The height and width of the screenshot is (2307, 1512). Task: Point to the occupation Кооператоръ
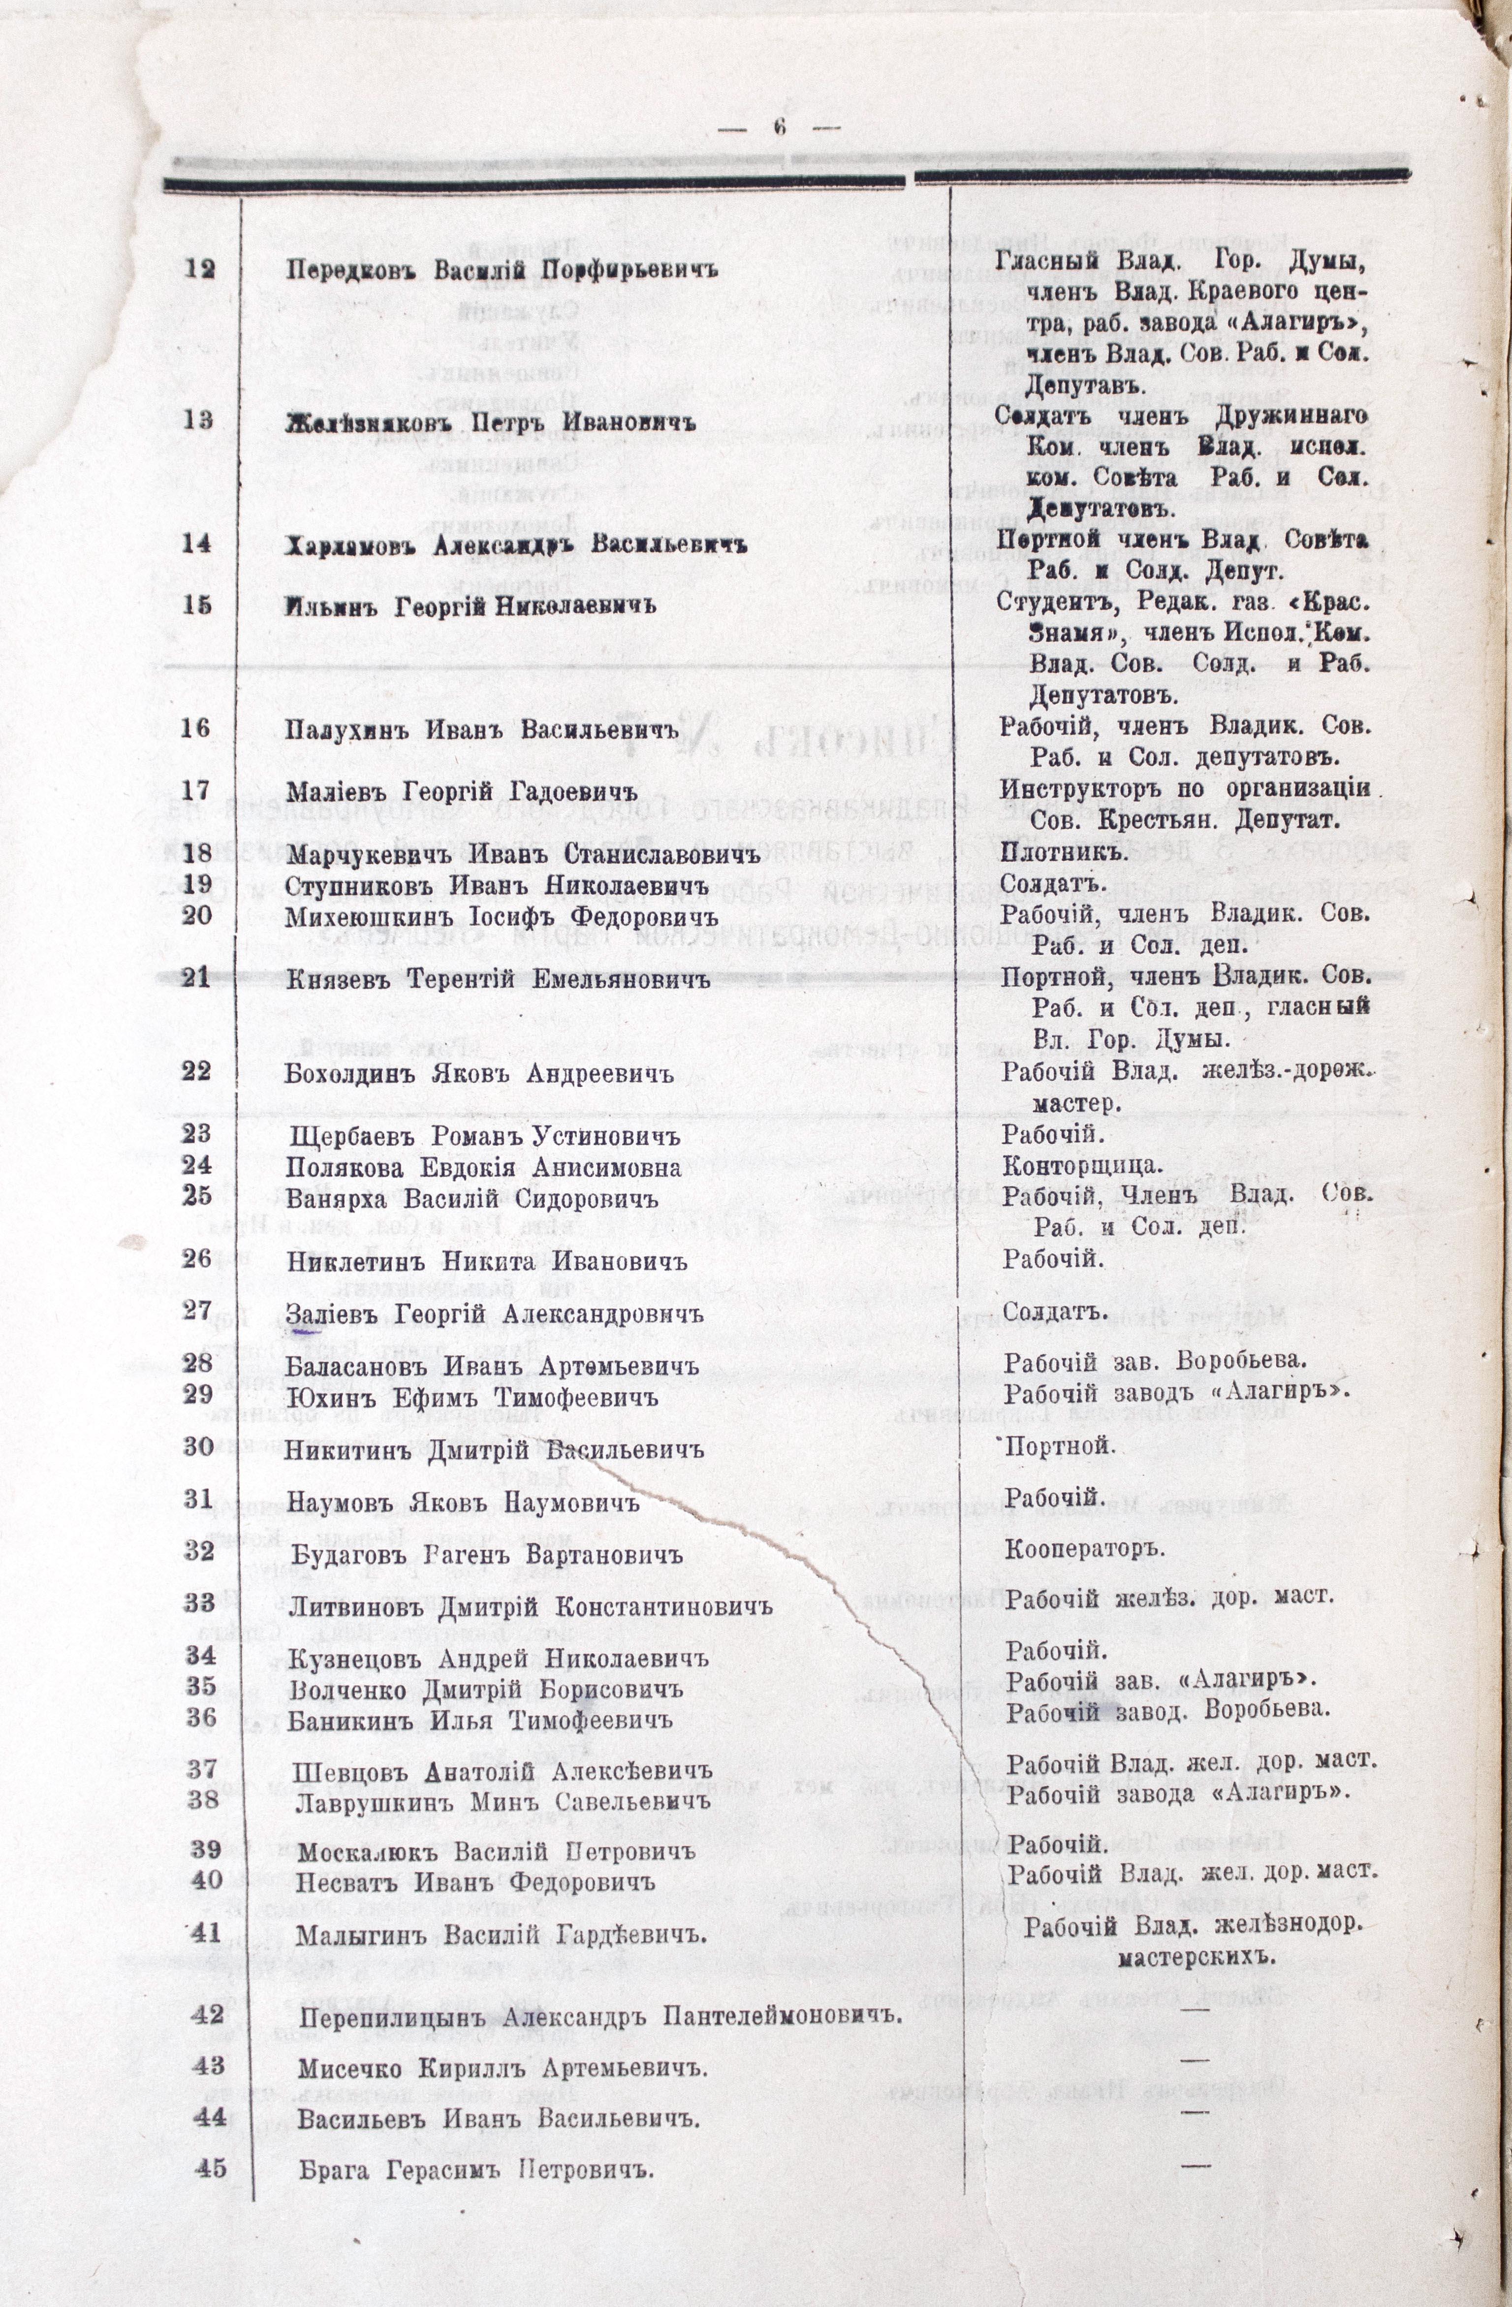click(x=1083, y=1549)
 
